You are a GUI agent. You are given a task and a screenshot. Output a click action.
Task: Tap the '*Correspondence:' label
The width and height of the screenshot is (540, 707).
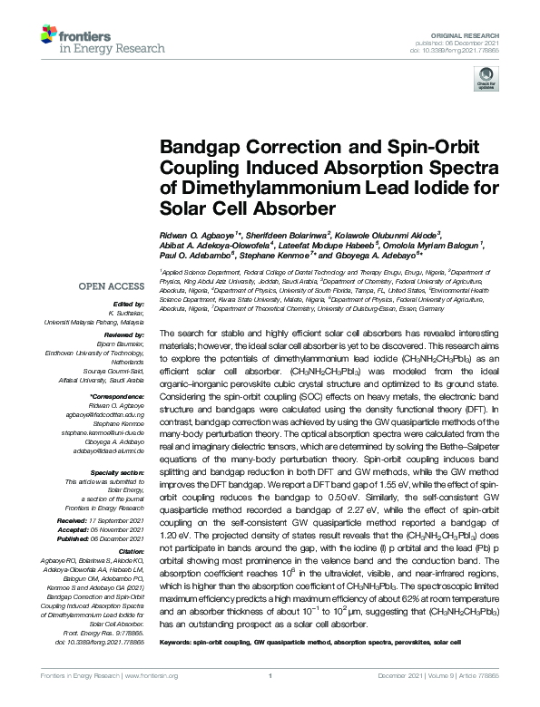pos(118,397)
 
